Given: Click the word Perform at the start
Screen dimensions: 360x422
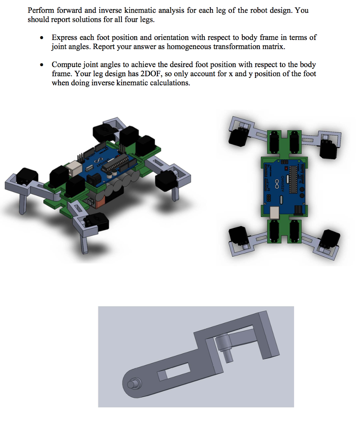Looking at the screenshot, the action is pos(41,10).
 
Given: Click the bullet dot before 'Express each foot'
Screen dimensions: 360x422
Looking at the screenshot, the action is pos(42,38).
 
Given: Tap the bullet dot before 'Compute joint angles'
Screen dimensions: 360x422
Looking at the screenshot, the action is pos(42,65).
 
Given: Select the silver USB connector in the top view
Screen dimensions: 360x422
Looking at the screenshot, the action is pos(275,212).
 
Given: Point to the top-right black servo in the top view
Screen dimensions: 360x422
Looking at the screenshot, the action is pos(328,149).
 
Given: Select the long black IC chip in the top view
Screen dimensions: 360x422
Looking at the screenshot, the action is pos(293,179).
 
